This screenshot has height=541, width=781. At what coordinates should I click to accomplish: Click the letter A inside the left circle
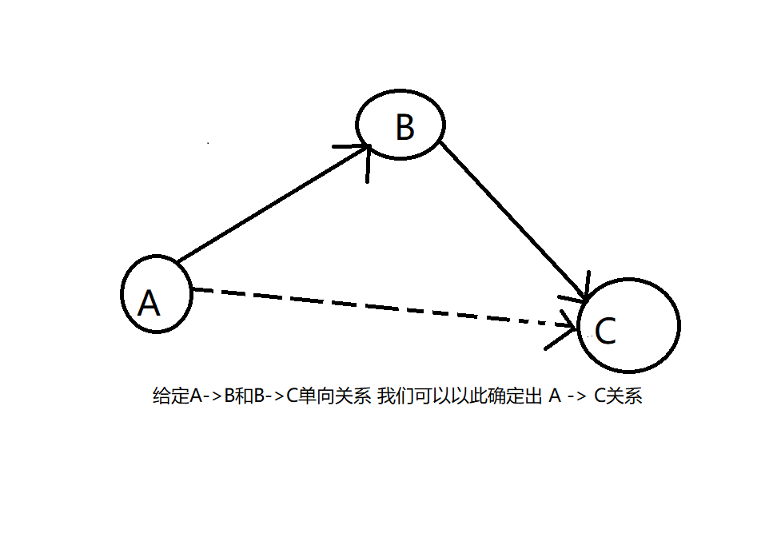149,303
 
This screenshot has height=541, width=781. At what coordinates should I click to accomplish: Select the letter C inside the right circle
606,331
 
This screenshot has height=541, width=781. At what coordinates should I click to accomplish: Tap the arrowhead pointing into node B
362,152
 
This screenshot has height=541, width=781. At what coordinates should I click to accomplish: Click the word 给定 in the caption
170,396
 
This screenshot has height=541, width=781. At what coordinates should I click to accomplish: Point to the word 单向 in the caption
313,396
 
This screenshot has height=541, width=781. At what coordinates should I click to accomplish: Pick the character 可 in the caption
420,396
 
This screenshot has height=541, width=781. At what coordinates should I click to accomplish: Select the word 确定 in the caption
499,396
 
